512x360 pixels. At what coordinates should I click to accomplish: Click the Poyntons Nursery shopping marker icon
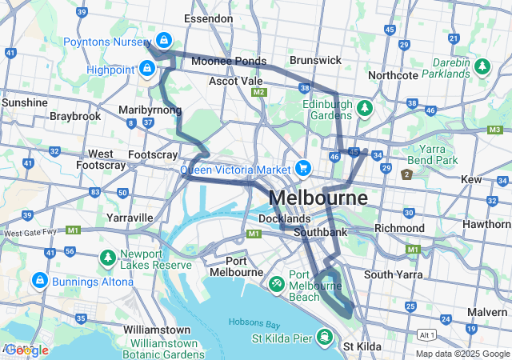pyautogui.click(x=164, y=39)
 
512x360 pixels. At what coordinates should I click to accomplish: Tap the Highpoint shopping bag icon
pyautogui.click(x=146, y=69)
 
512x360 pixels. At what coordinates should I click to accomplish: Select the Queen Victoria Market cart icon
pyautogui.click(x=302, y=168)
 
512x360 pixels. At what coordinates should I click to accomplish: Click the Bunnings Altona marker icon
pyautogui.click(x=39, y=281)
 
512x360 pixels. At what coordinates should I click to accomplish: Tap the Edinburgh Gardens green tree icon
pyautogui.click(x=365, y=106)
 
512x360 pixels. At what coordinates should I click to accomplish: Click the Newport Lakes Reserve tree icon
pyautogui.click(x=108, y=258)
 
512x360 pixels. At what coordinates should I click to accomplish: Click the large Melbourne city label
pyautogui.click(x=318, y=198)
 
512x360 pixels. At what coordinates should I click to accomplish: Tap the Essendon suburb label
pyautogui.click(x=208, y=18)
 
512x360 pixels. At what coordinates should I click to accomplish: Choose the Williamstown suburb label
pyautogui.click(x=156, y=330)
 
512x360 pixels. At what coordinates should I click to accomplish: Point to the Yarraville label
pyautogui.click(x=129, y=217)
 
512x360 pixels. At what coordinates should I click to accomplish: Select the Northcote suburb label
pyautogui.click(x=393, y=75)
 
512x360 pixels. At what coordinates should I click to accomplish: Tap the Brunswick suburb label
pyautogui.click(x=315, y=60)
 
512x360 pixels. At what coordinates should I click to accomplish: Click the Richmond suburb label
pyautogui.click(x=399, y=228)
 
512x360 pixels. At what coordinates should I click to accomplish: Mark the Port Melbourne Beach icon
pyautogui.click(x=276, y=282)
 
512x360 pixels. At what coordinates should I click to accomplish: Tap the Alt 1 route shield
pyautogui.click(x=427, y=335)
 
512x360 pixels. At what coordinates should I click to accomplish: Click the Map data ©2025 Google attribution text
pyautogui.click(x=462, y=354)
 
